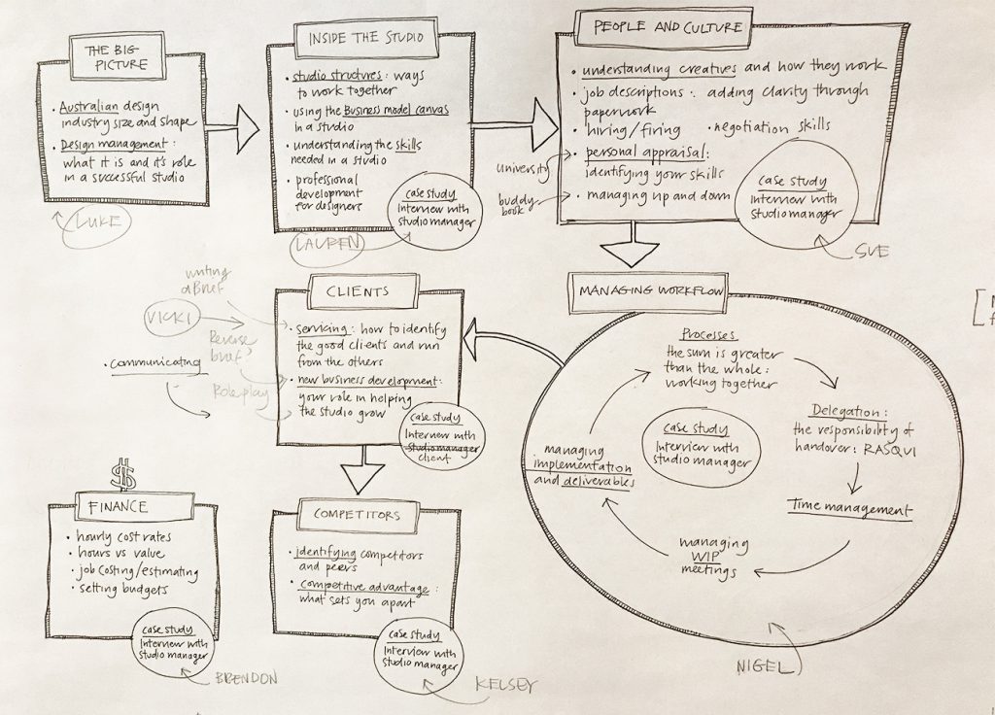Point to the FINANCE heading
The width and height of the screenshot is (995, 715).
point(116,507)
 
